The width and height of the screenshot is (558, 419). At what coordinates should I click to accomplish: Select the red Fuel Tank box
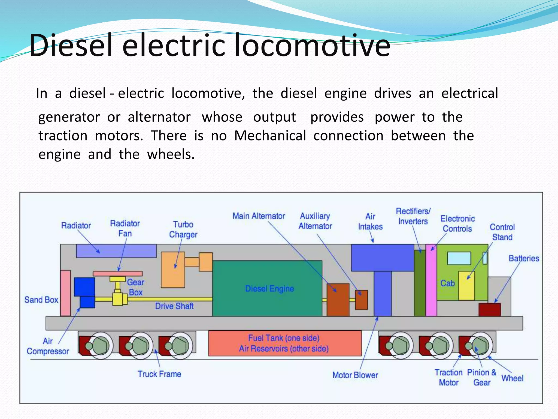pos(285,343)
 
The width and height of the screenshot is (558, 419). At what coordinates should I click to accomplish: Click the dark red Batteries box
pos(489,310)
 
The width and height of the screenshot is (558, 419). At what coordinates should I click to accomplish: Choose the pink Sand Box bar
pos(65,293)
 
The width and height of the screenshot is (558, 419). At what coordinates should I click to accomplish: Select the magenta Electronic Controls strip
pos(431,281)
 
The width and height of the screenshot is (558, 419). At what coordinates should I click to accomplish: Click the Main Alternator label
pos(259,216)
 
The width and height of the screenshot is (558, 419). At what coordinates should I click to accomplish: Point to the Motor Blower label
pos(355,375)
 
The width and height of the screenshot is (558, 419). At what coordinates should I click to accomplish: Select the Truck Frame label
pos(159,374)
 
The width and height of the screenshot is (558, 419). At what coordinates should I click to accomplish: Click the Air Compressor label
pos(48,346)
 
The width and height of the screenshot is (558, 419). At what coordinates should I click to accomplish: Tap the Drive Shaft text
pos(174,306)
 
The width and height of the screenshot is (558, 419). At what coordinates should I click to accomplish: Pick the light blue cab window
pos(459,258)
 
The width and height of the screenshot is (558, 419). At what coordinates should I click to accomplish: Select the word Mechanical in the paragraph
pos(270,136)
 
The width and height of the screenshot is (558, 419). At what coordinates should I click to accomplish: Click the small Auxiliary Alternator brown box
pos(361,300)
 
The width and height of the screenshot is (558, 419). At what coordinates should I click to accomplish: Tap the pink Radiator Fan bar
pos(117,273)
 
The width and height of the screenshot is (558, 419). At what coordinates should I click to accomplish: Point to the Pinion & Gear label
pos(481,377)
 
